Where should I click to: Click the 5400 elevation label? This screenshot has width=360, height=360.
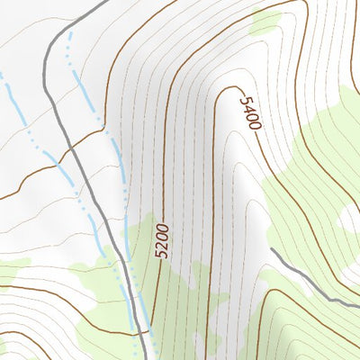tap(248, 109)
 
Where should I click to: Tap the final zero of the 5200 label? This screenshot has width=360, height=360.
tap(163, 225)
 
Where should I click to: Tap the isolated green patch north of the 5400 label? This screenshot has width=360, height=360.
tap(268, 20)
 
